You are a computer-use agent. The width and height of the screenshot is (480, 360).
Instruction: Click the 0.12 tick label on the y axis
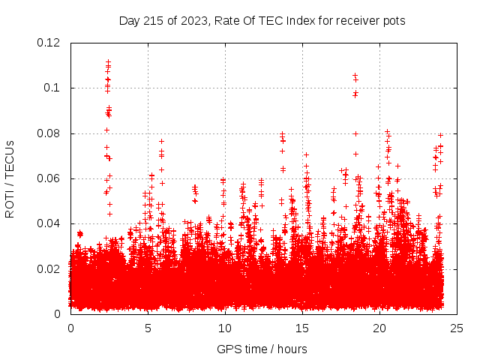pyautogui.click(x=49, y=43)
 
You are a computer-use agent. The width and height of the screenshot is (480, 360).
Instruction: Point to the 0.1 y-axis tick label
pyautogui.click(x=52, y=88)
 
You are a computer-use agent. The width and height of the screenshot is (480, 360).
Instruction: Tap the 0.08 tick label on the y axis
pyautogui.click(x=49, y=133)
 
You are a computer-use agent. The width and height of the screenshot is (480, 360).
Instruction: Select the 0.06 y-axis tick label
pyautogui.click(x=49, y=178)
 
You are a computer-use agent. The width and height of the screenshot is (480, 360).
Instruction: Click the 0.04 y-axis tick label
pyautogui.click(x=49, y=223)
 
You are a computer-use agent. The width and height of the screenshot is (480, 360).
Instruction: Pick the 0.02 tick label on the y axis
pyautogui.click(x=49, y=268)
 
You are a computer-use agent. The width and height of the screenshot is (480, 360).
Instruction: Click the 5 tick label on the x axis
pyautogui.click(x=148, y=328)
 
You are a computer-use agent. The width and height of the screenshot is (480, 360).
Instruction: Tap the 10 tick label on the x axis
pyautogui.click(x=225, y=328)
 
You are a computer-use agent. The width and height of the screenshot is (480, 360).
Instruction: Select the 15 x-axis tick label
pyautogui.click(x=302, y=328)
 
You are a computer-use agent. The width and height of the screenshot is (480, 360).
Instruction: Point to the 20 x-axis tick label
pyautogui.click(x=379, y=328)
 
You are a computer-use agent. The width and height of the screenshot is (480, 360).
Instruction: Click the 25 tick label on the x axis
pyautogui.click(x=457, y=328)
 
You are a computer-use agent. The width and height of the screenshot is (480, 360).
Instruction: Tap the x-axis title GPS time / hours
pyautogui.click(x=262, y=349)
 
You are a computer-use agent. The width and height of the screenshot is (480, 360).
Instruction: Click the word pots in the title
pyautogui.click(x=394, y=21)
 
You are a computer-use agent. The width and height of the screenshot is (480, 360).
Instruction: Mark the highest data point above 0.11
pyautogui.click(x=108, y=61)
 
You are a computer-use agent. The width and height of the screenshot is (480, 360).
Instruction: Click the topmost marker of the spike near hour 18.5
pyautogui.click(x=355, y=75)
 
